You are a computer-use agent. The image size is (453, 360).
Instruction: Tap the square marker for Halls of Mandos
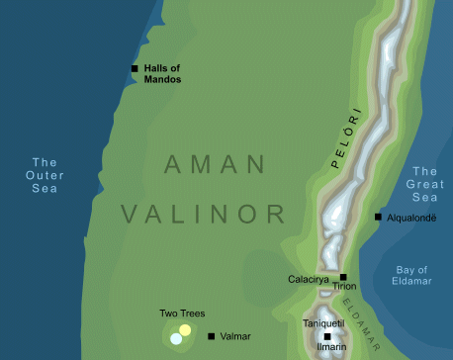(x=135, y=68)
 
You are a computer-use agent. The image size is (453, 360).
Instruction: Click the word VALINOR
(x=204, y=213)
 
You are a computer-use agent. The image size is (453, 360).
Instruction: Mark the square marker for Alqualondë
(x=377, y=217)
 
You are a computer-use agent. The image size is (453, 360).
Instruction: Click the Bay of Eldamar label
(x=411, y=275)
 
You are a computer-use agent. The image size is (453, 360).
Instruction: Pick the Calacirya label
(x=307, y=280)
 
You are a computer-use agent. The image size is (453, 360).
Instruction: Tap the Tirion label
(x=344, y=287)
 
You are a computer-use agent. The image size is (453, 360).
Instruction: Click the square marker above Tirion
(x=343, y=277)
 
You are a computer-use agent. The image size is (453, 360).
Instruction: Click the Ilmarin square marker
(x=326, y=336)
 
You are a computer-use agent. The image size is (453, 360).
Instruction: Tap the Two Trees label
(x=182, y=314)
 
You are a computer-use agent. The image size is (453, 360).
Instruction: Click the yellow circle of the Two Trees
(x=185, y=329)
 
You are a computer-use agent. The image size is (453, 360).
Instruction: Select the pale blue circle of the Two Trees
(x=176, y=338)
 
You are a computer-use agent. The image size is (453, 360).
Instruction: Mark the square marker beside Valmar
(x=211, y=336)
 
